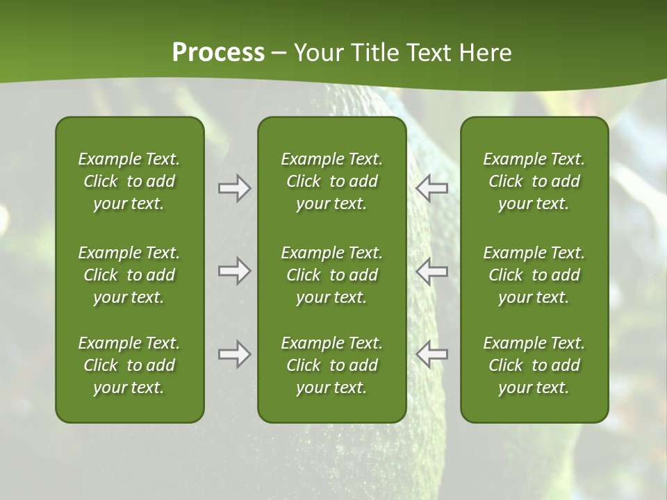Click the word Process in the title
tap(218, 53)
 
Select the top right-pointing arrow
tap(234, 188)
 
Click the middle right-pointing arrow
tap(234, 271)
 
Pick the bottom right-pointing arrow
tap(234, 354)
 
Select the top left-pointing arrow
tap(431, 188)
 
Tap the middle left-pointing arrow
tap(431, 271)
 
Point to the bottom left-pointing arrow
tap(431, 354)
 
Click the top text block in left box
tap(129, 181)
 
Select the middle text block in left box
tap(129, 275)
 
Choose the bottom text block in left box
tap(129, 365)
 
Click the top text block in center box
tap(331, 181)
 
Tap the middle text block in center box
tap(331, 275)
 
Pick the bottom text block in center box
tap(331, 365)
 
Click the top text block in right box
tap(534, 181)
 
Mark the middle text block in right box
tap(534, 275)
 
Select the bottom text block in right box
tap(534, 365)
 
